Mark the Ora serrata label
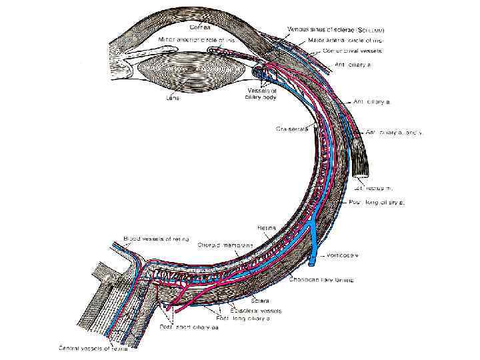(x=291, y=129)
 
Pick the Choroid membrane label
(x=225, y=245)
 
